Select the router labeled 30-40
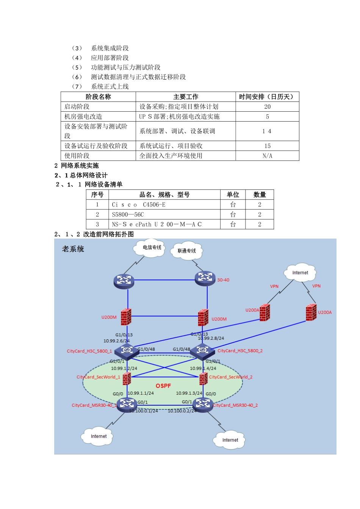click(x=205, y=278)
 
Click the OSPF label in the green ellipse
click(x=163, y=386)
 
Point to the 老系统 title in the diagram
click(x=73, y=249)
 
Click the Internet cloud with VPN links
click(x=300, y=273)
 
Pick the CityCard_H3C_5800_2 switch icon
click(x=202, y=351)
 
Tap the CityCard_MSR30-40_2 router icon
click(x=203, y=404)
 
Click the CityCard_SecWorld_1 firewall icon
click(x=127, y=378)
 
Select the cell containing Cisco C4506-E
click(x=139, y=205)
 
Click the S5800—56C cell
click(x=128, y=214)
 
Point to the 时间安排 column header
click(x=267, y=97)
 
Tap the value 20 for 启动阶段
click(x=267, y=107)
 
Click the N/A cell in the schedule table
click(x=267, y=156)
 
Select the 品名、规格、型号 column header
click(x=164, y=195)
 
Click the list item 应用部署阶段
click(x=110, y=58)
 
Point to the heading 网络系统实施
click(x=80, y=166)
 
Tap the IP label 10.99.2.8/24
click(x=211, y=338)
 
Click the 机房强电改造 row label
click(x=83, y=117)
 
